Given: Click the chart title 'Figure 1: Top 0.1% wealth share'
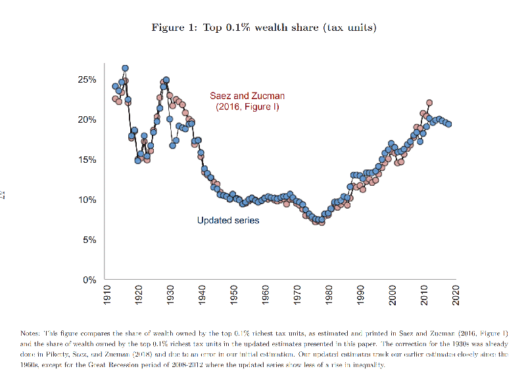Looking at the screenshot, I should point(264,28).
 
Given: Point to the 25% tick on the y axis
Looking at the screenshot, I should point(87,79).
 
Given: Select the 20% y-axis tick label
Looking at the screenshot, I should point(87,120).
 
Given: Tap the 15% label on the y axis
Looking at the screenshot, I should point(87,160).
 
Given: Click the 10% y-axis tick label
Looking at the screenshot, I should point(87,200).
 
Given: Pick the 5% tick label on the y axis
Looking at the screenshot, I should point(90,240).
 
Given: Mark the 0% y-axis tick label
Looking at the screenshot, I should point(90,280).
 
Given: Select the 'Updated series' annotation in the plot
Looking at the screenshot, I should point(228,221).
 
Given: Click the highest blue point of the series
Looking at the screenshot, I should point(125,68).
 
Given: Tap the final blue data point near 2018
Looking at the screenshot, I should point(448,124).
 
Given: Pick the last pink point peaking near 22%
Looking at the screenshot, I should point(429,103).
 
